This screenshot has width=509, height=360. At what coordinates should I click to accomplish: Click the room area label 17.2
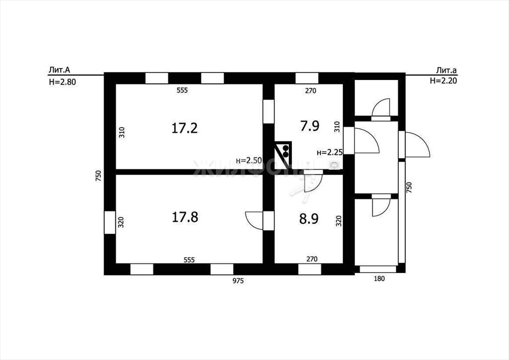(184, 128)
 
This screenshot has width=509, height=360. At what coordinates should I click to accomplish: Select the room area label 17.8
(185, 217)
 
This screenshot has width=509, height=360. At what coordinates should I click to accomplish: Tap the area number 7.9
(310, 126)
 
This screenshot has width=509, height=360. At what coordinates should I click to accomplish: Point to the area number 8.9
(309, 219)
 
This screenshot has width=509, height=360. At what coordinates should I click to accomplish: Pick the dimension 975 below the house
(238, 281)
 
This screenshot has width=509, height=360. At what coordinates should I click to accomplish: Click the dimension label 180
(379, 278)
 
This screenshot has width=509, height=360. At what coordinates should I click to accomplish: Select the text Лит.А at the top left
(60, 70)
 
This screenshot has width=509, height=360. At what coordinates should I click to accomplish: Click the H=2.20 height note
(443, 81)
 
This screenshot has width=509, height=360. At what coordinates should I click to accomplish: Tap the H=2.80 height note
(62, 82)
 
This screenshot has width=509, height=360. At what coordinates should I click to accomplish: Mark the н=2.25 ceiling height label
(330, 152)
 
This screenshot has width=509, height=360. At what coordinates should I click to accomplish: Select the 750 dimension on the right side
(409, 187)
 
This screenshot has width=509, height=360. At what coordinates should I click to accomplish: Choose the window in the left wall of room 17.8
(110, 222)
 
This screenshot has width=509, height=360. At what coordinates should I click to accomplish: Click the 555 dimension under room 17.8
(189, 260)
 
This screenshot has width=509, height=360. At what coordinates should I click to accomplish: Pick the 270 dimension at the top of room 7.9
(310, 91)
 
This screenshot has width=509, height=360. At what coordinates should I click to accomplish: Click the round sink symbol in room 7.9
(334, 165)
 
